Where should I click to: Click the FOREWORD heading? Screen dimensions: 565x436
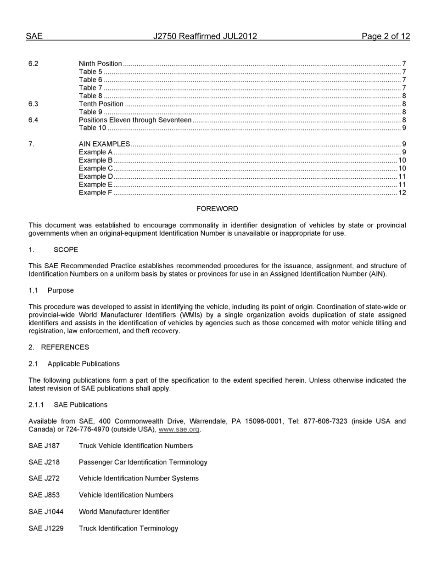click(x=217, y=209)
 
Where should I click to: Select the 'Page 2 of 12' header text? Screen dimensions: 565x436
click(x=386, y=37)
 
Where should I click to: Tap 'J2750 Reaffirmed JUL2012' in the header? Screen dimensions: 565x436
click(x=205, y=37)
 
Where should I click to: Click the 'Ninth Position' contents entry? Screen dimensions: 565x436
click(x=100, y=64)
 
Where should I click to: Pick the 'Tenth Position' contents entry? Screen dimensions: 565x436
click(x=101, y=104)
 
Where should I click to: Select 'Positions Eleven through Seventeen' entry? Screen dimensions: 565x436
click(x=135, y=120)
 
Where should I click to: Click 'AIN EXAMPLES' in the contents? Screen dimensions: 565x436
click(x=104, y=144)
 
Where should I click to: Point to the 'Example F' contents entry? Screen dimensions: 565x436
click(x=95, y=192)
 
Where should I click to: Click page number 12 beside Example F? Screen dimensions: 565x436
click(x=402, y=192)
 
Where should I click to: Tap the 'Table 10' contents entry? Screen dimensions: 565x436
click(x=92, y=128)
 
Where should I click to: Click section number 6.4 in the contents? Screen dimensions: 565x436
click(x=33, y=120)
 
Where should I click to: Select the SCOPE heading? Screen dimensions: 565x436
click(x=66, y=250)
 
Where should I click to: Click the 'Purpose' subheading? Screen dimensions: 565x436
click(x=61, y=291)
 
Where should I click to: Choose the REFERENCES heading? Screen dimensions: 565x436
click(x=65, y=347)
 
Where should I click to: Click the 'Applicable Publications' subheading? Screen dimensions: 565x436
click(x=84, y=364)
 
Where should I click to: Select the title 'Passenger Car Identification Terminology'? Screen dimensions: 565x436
click(x=143, y=462)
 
